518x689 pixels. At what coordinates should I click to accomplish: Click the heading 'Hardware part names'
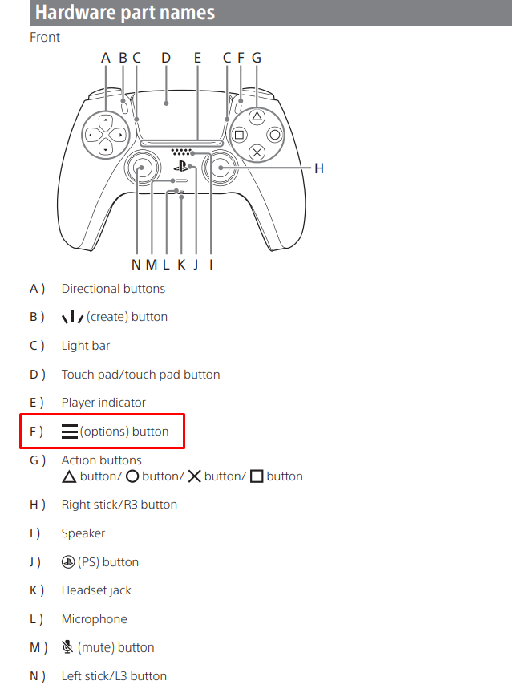click(125, 13)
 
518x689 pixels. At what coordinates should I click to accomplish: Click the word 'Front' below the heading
click(45, 37)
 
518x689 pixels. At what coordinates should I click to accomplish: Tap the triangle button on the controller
click(257, 116)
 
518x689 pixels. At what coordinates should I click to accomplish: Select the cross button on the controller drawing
click(257, 152)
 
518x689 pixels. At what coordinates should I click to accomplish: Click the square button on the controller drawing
click(239, 135)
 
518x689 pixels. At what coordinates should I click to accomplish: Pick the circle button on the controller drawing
click(274, 135)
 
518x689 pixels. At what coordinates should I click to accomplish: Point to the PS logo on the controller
click(181, 167)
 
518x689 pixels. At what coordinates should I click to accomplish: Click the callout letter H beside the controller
click(318, 168)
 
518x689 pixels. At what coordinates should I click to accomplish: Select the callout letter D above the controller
click(166, 58)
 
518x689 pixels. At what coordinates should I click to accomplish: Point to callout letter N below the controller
click(136, 265)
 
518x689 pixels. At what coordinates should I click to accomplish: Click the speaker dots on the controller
click(183, 152)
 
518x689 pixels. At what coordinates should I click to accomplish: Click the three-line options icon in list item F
click(70, 432)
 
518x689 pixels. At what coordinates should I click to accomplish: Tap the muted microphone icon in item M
click(67, 646)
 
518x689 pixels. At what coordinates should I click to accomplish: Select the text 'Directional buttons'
click(113, 289)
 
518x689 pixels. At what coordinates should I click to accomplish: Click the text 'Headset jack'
click(96, 590)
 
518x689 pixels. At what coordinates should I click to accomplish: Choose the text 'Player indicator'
click(103, 403)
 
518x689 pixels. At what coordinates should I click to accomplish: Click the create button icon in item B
click(72, 317)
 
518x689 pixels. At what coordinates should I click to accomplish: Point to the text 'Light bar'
click(86, 346)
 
